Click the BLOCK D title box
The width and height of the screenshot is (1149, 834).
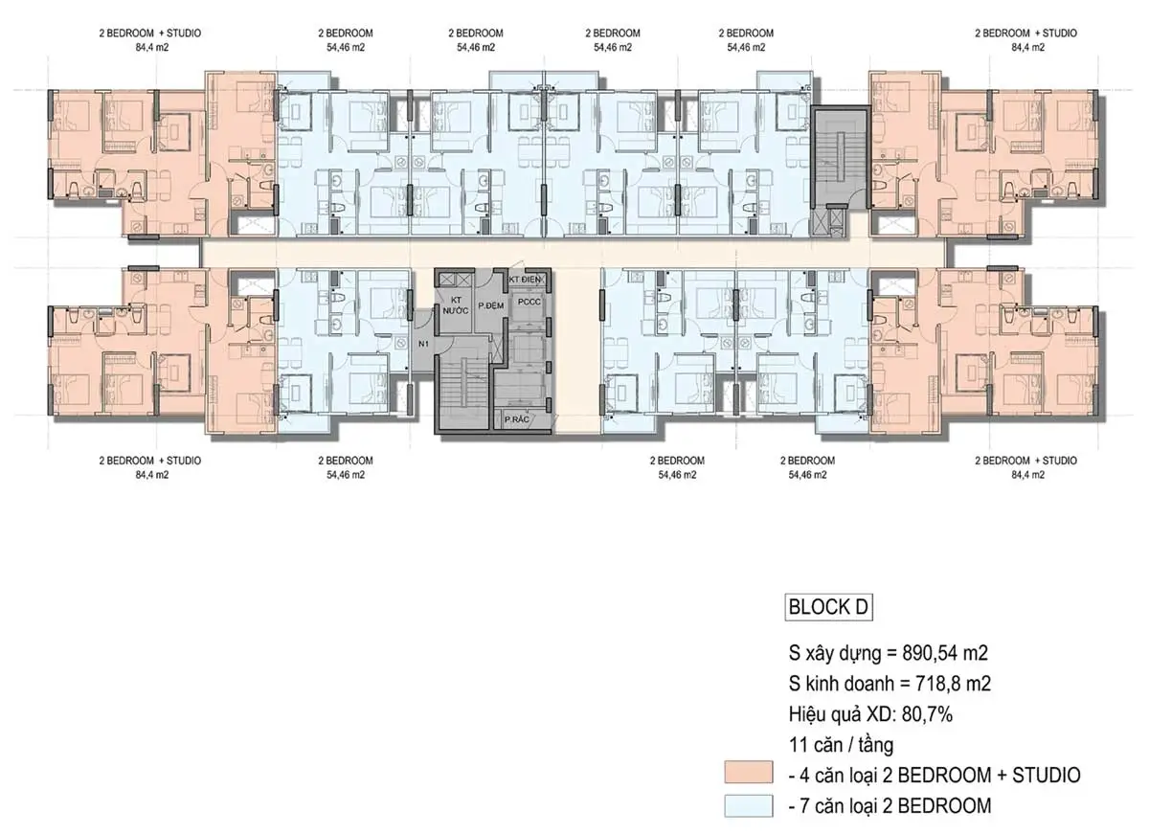point(828,607)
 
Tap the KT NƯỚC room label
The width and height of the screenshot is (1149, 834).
point(456,305)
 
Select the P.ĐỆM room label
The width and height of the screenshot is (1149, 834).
point(491,305)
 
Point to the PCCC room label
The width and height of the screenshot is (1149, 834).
point(529,302)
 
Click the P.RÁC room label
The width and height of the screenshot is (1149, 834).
point(516,419)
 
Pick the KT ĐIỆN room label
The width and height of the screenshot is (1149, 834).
point(525,280)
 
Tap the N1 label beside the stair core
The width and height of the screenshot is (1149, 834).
point(423,344)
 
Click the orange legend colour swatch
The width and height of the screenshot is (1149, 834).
point(749,772)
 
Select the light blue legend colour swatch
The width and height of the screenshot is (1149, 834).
point(749,806)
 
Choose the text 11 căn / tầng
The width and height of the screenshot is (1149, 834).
point(841,745)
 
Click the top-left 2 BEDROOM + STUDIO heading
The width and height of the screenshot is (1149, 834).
point(149,33)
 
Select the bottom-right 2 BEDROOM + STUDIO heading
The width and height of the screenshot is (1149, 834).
point(1025,461)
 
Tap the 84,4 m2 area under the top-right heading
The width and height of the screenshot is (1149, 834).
point(1028,47)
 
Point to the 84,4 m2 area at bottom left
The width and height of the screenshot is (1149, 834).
point(152,475)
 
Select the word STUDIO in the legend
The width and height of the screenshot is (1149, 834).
point(1046,775)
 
